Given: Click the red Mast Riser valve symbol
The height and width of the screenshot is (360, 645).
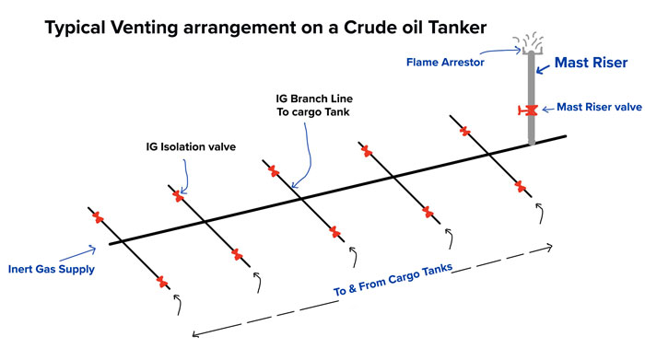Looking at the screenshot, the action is coord(528,110).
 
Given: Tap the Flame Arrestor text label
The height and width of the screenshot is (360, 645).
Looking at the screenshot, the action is coord(445,63).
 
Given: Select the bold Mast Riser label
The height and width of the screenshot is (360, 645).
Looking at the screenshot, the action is coord(592,63).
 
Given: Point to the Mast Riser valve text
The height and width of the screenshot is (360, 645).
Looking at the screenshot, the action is coord(599,107).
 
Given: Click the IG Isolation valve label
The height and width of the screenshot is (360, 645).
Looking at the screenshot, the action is coord(191,146).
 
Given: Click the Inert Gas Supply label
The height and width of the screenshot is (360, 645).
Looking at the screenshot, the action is coord(52,269).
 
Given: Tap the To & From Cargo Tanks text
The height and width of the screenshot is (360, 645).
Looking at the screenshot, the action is coord(393,280).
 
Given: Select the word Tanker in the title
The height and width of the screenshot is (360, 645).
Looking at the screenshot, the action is coord(457,28).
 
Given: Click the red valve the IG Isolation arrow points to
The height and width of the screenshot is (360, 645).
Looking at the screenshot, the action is coord(178,195).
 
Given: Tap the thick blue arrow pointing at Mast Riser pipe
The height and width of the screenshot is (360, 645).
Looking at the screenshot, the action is coord(543,69).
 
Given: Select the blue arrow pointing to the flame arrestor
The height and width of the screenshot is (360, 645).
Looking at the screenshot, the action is coord(500,51).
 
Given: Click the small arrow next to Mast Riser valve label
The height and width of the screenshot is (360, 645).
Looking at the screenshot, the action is coord(548,110).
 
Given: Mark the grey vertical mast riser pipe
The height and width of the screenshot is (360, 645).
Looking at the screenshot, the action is coord(532,98).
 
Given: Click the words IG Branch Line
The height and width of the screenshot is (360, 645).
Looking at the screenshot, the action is coord(314,99).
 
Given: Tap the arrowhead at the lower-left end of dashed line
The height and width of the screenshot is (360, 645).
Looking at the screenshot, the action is coord(195,334).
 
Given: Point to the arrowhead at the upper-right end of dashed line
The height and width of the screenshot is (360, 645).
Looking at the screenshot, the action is coord(549,247).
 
